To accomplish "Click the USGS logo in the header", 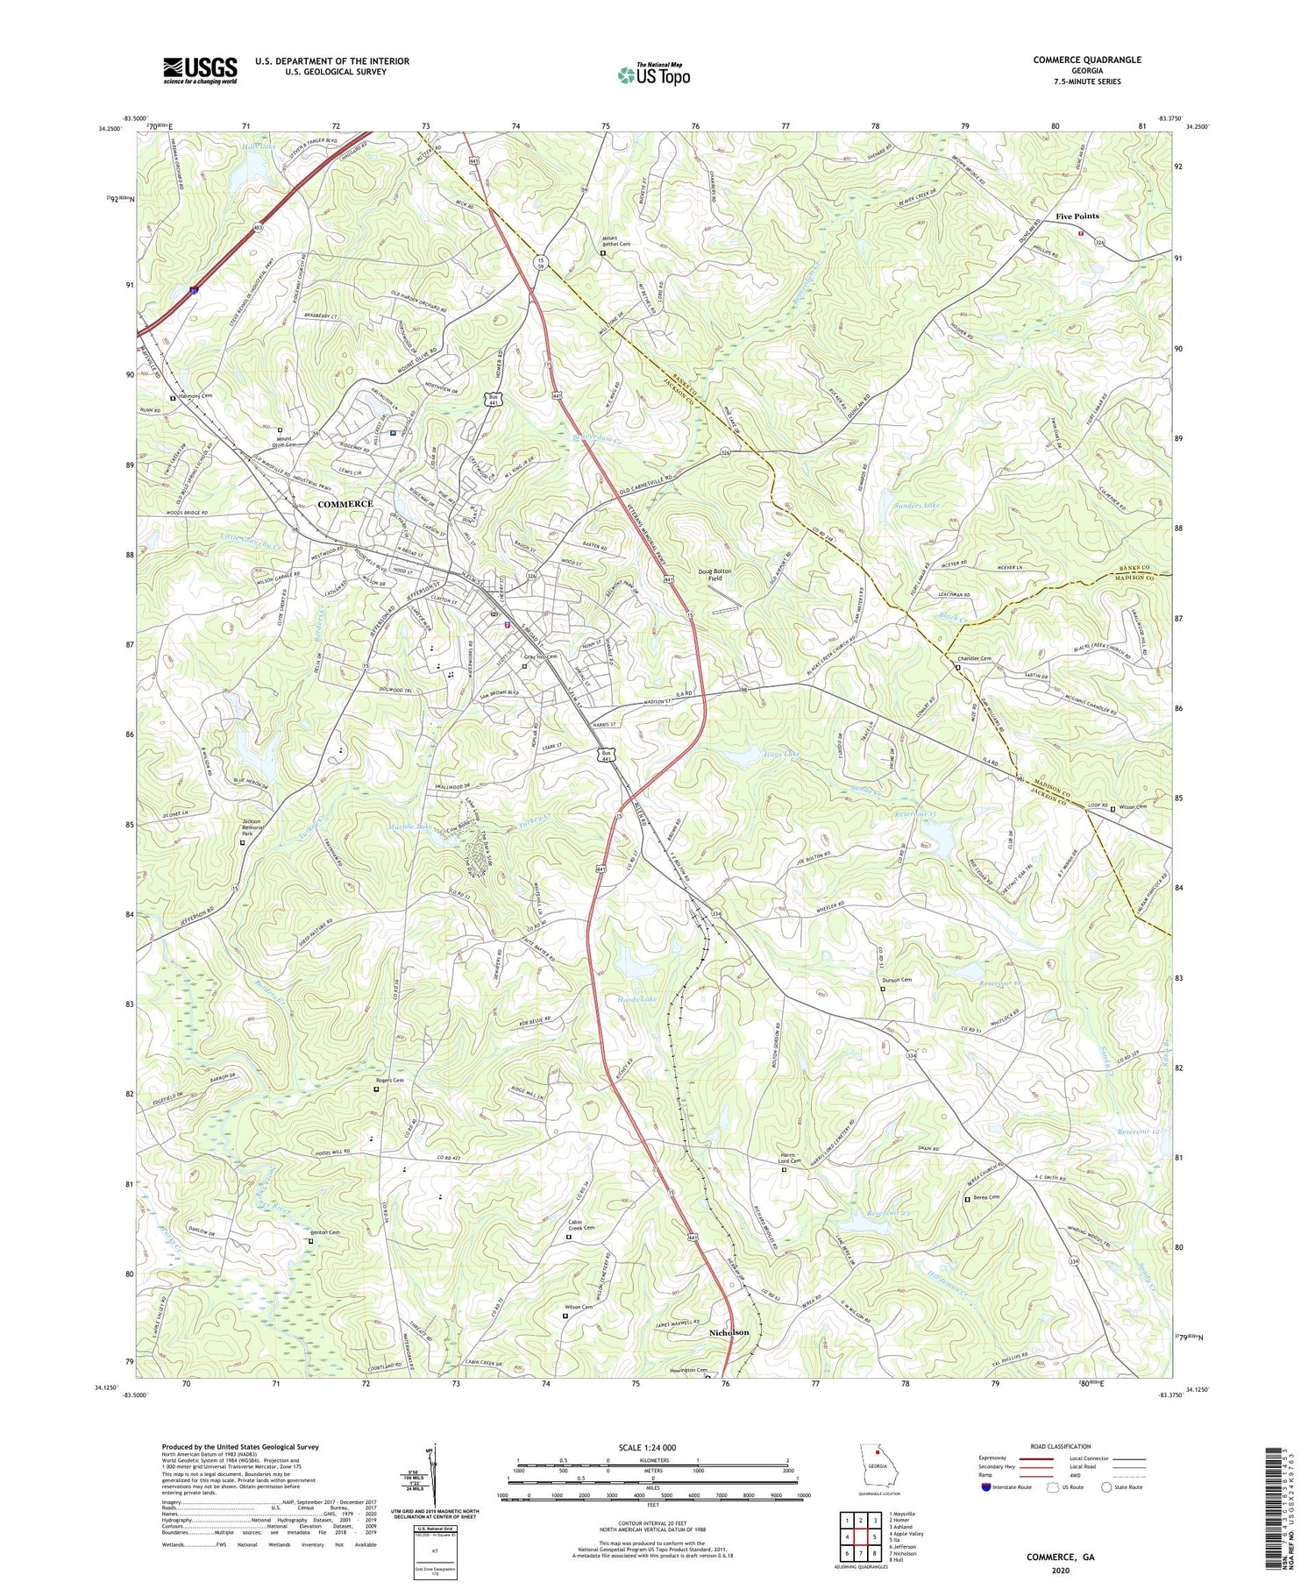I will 200,70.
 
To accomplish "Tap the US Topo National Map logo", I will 653,74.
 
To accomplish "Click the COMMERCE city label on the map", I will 345,504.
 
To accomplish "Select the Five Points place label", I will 1077,216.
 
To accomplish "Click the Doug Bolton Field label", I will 714,575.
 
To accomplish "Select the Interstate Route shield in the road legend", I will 986,1487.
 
